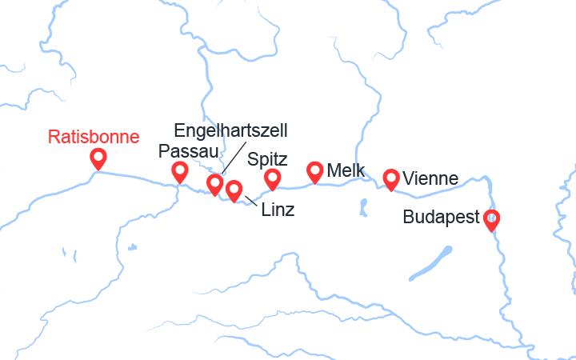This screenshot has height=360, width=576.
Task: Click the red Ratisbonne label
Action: (94, 136)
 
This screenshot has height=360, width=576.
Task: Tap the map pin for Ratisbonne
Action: (99, 158)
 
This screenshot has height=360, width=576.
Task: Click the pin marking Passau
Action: (180, 170)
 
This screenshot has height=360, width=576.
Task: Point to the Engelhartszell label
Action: (231, 130)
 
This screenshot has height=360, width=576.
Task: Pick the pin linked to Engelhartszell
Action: (214, 184)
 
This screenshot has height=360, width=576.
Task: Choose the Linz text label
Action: (278, 210)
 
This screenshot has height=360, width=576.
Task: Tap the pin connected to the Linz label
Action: (234, 190)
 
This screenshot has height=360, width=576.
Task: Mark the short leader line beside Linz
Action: (251, 200)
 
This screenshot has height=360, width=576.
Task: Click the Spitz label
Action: (268, 158)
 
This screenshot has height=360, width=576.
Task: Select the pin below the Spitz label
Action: (273, 178)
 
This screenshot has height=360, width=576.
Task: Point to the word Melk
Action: (346, 170)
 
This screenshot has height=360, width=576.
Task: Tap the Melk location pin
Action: (315, 170)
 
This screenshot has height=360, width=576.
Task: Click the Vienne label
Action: (431, 178)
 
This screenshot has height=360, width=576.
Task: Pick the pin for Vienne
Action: (391, 178)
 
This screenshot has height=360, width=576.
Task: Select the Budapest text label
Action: (442, 217)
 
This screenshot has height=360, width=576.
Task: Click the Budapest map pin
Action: (491, 218)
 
